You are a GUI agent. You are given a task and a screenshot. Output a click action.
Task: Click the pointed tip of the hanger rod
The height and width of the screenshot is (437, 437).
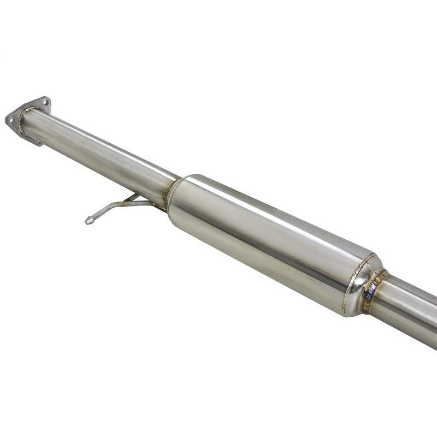(87, 221)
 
